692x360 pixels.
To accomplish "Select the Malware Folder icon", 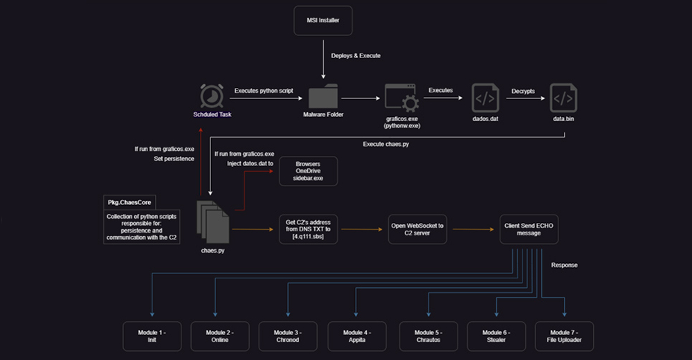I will pos(323,98).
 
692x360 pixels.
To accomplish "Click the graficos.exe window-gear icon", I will pos(402,98).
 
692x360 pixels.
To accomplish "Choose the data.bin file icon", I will pos(565,98).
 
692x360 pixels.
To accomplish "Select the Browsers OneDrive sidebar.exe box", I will pos(308,171).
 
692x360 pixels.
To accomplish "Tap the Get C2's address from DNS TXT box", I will pos(308,229).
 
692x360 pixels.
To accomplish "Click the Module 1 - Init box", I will pos(152,335).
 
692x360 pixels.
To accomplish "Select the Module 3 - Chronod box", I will pos(289,335).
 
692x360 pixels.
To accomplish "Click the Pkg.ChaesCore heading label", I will pos(129,202).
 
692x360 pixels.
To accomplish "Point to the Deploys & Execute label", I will pos(356,56).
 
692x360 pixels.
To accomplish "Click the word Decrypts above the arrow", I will pos(522,91).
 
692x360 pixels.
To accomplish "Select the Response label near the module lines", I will pos(565,264).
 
